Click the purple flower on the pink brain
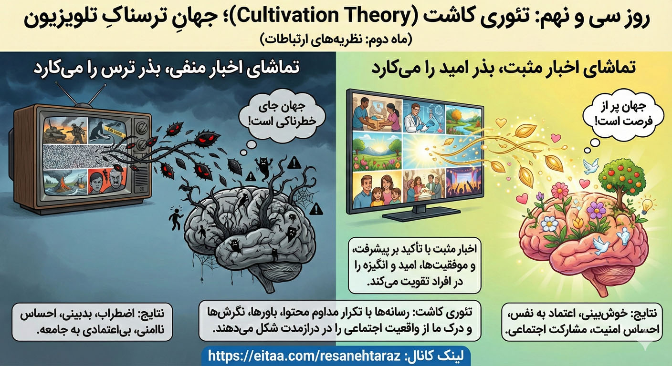pyautogui.click(x=596, y=210)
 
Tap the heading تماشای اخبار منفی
pyautogui.click(x=167, y=68)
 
